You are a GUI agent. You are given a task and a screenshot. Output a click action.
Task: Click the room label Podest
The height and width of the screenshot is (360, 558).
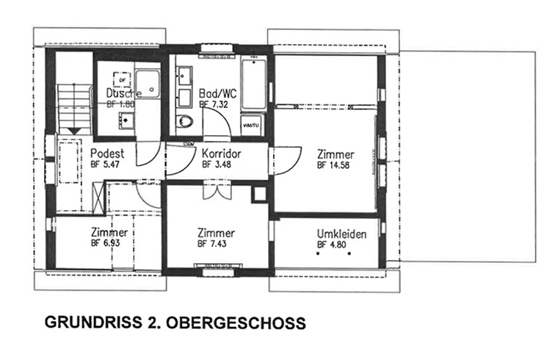point(107,154)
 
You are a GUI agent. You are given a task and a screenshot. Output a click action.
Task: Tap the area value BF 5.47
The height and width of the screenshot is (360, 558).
point(106,165)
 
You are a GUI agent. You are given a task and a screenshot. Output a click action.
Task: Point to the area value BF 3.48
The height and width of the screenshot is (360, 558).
point(217,165)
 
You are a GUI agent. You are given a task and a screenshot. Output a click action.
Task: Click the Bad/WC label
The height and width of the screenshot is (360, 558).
point(218,94)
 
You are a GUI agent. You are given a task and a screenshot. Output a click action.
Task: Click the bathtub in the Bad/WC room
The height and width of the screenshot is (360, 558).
point(254,82)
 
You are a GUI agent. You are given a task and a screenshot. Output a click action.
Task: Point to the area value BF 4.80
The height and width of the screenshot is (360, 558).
point(332,245)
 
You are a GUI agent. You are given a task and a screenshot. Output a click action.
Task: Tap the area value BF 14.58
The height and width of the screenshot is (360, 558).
point(333,165)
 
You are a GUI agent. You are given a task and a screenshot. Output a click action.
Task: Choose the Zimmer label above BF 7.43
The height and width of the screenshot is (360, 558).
point(217,233)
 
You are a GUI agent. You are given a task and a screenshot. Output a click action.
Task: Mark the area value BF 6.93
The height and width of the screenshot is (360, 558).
point(106,242)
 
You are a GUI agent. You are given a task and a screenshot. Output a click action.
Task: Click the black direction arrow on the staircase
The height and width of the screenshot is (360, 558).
point(73,129)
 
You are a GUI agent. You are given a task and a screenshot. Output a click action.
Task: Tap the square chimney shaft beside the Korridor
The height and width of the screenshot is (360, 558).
point(259,194)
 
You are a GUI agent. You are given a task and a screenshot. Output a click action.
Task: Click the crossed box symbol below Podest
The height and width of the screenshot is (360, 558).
point(98,199)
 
